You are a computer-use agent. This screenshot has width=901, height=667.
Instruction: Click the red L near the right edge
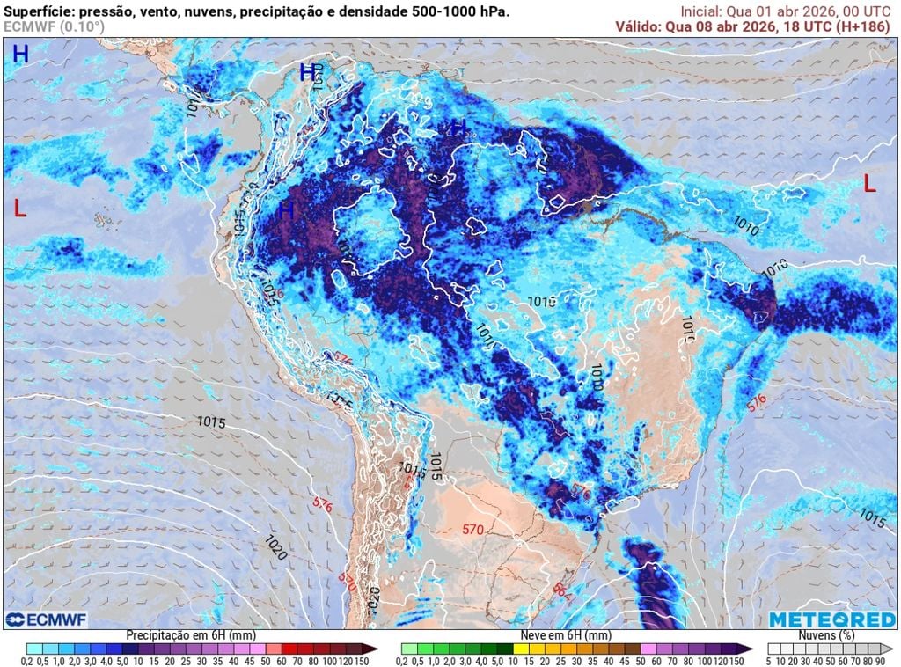pos(869,184)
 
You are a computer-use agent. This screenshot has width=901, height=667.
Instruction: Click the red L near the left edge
pos(20,209)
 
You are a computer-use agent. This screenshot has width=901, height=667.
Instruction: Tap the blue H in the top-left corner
pos(20,55)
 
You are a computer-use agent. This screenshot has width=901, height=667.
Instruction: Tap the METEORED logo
pos(831,620)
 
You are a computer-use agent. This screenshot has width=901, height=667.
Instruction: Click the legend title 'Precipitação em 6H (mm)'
pos(191,635)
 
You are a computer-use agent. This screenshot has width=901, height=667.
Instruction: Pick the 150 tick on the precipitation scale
pos(361,661)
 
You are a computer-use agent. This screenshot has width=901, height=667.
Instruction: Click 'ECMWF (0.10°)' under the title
pos(54,26)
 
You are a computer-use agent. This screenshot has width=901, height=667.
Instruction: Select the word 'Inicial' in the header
pos(702,11)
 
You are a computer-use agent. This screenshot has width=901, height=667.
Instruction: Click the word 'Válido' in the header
pos(637,26)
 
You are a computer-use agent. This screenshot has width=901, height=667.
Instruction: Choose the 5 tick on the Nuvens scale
pos(768,661)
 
